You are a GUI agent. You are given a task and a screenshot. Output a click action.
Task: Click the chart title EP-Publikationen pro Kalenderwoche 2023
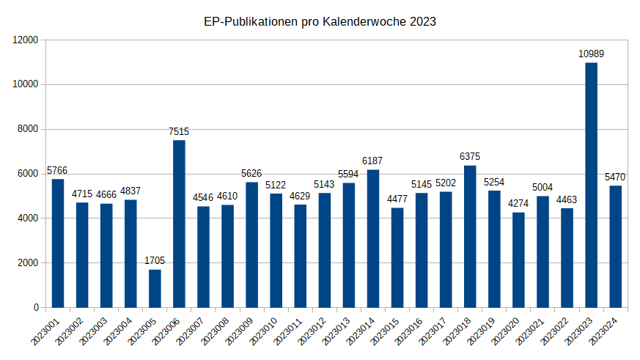click(320, 22)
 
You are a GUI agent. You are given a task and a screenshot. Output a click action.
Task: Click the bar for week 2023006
click(179, 224)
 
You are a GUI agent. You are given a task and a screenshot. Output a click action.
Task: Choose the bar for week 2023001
click(58, 243)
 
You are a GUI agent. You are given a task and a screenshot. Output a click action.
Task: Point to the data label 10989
click(591, 54)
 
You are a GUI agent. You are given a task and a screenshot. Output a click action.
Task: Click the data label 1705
click(155, 260)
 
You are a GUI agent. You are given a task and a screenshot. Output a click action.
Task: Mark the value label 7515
click(179, 131)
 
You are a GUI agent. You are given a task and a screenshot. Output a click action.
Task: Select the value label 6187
click(372, 161)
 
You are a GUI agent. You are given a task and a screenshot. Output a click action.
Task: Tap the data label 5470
click(615, 177)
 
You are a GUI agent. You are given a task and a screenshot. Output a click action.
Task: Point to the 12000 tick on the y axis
click(26, 40)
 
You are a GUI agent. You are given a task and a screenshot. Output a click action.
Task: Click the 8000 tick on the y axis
click(28, 129)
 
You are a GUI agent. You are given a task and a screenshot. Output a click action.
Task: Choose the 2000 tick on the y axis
click(28, 262)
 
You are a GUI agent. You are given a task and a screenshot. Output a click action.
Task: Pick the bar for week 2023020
click(518, 260)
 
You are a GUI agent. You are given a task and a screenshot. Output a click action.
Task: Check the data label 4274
click(518, 203)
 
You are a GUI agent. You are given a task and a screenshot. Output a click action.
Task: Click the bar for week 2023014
click(372, 238)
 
